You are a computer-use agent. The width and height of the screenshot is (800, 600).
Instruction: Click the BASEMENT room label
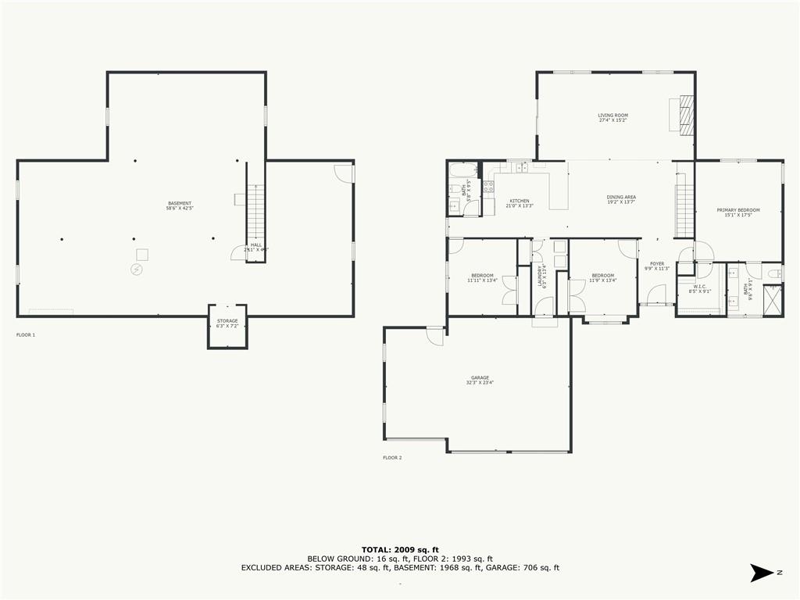180,205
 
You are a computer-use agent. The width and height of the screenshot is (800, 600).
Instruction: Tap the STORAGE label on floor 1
227,323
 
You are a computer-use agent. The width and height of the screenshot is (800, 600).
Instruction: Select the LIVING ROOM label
613,118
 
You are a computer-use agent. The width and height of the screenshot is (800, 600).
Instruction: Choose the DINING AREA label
621,199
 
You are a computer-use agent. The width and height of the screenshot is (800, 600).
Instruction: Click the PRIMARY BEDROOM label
738,212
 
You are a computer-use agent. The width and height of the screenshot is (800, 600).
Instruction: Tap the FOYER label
657,266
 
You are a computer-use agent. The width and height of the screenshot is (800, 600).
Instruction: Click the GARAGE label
480,380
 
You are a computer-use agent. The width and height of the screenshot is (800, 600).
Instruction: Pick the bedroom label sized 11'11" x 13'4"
482,277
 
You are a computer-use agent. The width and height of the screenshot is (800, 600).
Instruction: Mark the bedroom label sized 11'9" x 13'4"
602,277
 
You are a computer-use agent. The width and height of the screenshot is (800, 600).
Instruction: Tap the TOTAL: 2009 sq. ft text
399,549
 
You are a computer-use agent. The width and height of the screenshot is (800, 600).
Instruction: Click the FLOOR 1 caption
26,334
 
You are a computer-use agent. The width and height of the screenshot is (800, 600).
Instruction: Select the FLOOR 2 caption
392,457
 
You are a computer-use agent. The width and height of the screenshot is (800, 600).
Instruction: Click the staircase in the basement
255,212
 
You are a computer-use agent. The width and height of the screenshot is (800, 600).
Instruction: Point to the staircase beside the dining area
685,207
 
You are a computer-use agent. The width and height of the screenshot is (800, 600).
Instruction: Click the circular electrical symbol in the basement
137,269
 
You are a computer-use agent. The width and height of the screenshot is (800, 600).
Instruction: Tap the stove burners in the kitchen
488,187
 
